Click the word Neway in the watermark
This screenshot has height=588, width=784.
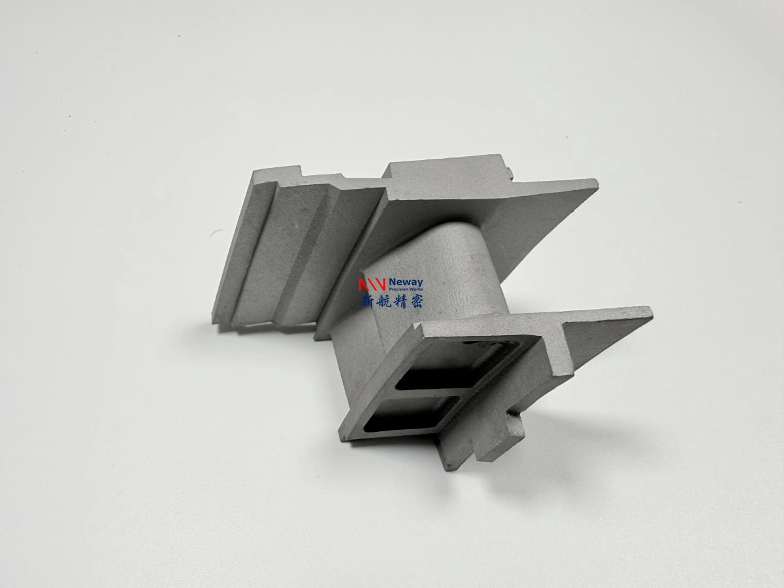pos(406,282)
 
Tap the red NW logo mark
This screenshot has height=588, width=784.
pos(372,285)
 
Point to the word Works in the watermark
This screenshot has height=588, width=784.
pos(416,289)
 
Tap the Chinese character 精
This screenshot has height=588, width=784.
pos(400,302)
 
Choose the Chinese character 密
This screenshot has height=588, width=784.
pos(416,302)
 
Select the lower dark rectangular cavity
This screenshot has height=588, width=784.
pos(411,414)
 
